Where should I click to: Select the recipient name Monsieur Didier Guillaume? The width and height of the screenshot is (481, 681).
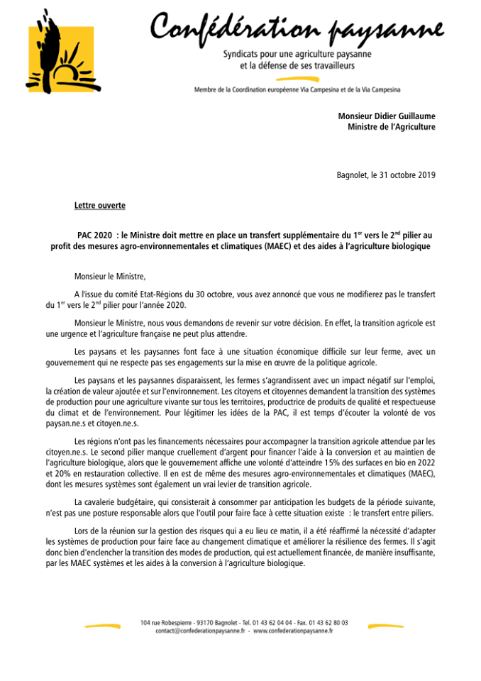[x=387, y=116]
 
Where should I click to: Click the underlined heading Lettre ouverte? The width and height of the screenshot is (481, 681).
[x=99, y=206]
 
